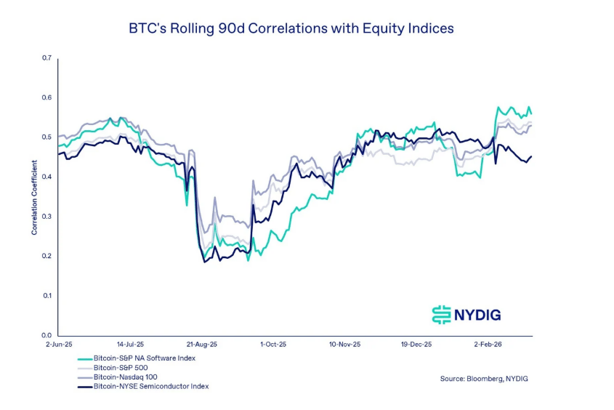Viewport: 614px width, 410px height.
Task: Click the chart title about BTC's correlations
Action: tap(291, 29)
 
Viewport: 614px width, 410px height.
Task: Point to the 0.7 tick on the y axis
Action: tap(47, 58)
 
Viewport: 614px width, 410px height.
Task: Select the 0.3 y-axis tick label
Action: tap(47, 217)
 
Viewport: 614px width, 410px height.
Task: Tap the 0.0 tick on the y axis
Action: tap(47, 335)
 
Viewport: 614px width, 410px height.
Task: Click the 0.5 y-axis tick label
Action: tap(47, 137)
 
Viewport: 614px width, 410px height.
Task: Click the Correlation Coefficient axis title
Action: tap(34, 196)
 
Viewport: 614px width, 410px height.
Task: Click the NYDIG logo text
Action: tap(477, 315)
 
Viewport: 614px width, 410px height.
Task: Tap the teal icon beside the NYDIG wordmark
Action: tap(441, 315)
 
